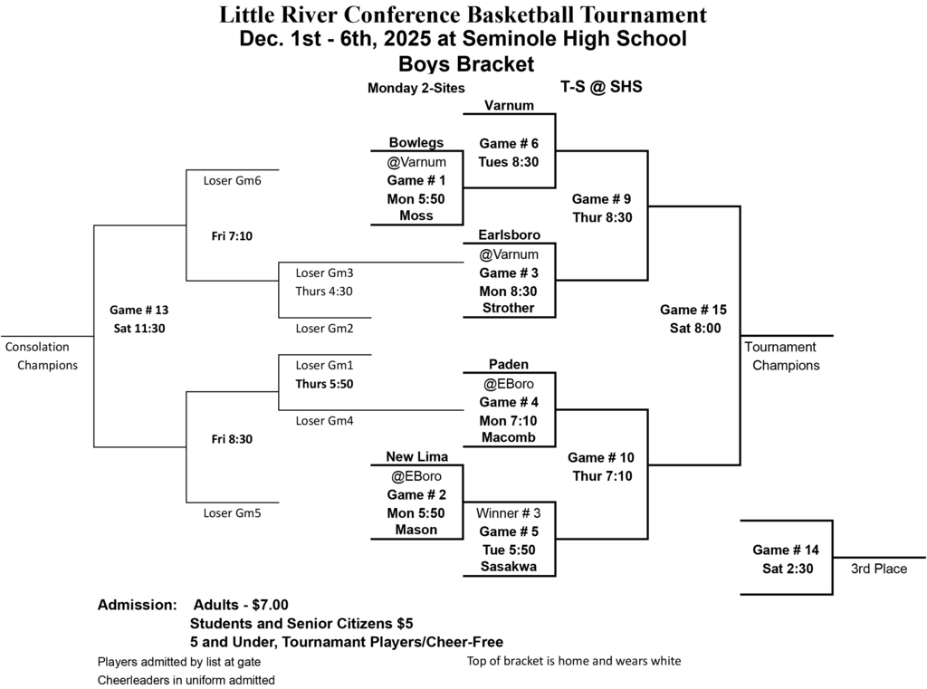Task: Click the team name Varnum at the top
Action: tap(508, 105)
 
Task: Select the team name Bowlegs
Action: tap(416, 142)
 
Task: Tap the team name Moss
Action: tap(416, 215)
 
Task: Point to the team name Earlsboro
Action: tap(509, 234)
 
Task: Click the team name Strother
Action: tap(509, 308)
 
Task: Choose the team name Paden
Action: tap(508, 364)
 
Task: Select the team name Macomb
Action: tap(509, 437)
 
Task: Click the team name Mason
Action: tap(416, 530)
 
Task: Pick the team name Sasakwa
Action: tap(509, 567)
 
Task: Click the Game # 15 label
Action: tap(693, 310)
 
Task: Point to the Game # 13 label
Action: tap(139, 310)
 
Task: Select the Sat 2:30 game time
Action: tap(787, 569)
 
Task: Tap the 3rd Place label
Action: tap(878, 569)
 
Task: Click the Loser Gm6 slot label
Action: tap(232, 179)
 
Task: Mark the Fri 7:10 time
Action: tap(232, 236)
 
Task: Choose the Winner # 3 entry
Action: tap(509, 512)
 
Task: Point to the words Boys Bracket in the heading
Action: tap(466, 64)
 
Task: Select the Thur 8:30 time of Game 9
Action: tap(602, 217)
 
